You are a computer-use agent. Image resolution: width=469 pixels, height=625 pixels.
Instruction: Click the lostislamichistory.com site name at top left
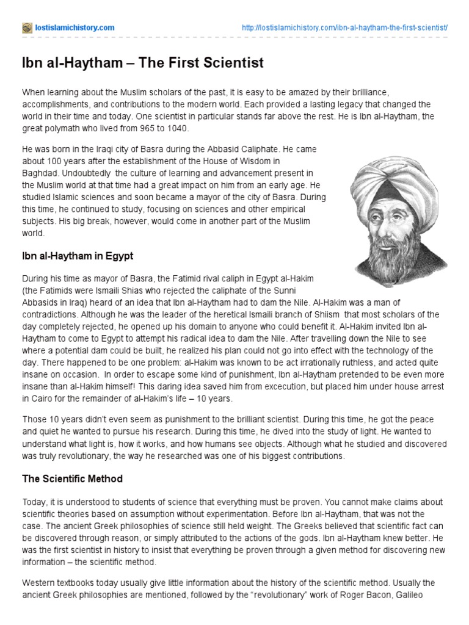[75, 28]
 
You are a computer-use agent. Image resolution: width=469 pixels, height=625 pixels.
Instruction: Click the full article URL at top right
[345, 28]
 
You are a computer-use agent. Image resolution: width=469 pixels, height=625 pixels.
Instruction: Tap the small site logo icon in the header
[27, 28]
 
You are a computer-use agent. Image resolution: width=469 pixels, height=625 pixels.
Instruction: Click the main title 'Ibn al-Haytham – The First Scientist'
[143, 63]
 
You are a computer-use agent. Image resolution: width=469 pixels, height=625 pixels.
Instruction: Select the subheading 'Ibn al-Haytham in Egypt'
[78, 256]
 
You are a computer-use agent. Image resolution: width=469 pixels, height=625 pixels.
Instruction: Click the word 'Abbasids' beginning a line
[40, 302]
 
